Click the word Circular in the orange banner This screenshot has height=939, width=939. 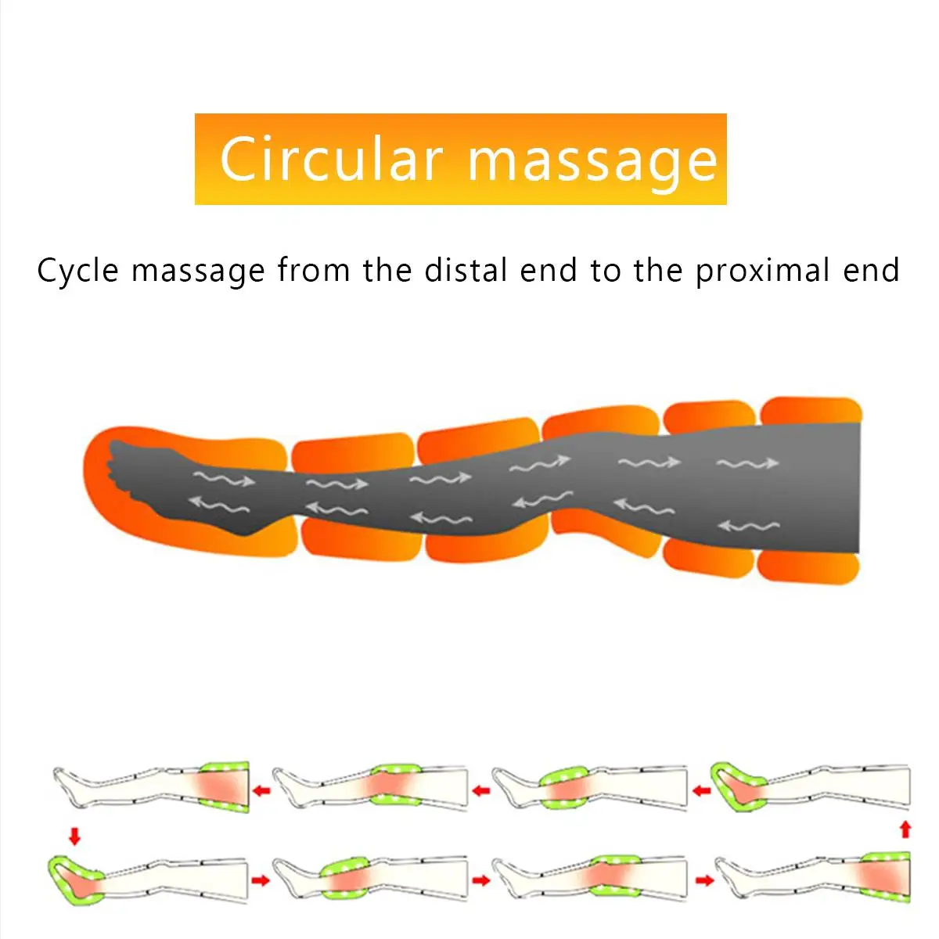click(331, 159)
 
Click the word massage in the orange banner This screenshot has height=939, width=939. click(592, 161)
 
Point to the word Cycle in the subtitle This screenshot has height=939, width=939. click(77, 272)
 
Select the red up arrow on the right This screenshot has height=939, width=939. click(905, 829)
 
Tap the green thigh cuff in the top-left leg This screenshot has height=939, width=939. click(226, 786)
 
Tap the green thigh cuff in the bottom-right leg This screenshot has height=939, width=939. click(886, 876)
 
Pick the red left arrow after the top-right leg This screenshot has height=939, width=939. click(702, 791)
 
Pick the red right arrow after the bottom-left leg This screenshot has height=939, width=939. click(261, 880)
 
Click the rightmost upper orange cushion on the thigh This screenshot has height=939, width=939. click(811, 411)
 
